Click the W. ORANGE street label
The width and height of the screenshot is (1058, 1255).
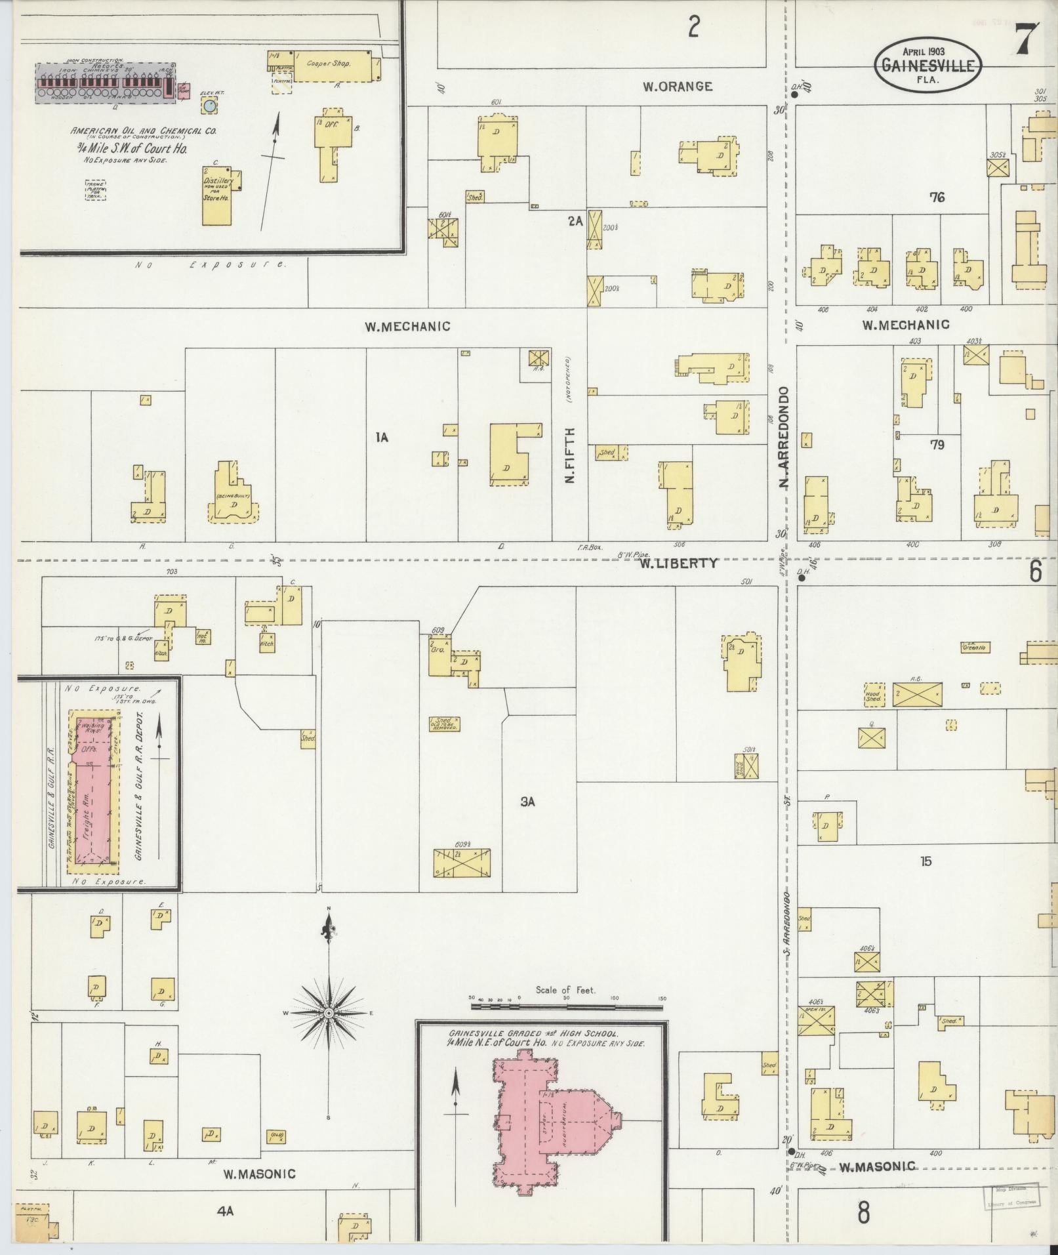click(x=677, y=86)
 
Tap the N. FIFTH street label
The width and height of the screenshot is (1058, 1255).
click(x=569, y=455)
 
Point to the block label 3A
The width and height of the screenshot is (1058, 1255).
click(x=528, y=801)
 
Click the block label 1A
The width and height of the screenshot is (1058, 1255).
click(x=382, y=437)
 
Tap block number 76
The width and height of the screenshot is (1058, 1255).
click(x=937, y=196)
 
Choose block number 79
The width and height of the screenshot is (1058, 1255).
click(x=937, y=445)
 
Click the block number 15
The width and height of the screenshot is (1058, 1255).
click(x=925, y=861)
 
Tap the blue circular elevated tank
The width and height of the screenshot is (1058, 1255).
click(x=209, y=105)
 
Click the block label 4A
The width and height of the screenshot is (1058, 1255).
click(x=225, y=1211)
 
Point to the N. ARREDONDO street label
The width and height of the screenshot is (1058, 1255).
click(x=783, y=437)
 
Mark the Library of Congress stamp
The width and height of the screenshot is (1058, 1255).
click(x=1011, y=1195)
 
